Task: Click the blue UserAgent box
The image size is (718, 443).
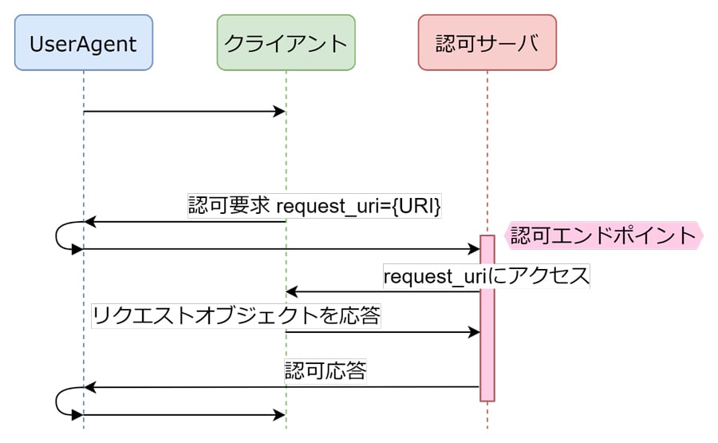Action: click(83, 42)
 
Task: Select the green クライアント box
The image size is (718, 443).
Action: click(286, 42)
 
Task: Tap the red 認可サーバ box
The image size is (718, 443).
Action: click(487, 42)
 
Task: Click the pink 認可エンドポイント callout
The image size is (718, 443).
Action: click(604, 235)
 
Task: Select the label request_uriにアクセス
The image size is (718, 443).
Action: click(486, 276)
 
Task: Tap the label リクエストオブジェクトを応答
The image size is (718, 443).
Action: click(235, 316)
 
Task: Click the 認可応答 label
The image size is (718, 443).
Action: click(325, 371)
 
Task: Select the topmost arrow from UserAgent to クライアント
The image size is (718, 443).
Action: click(184, 111)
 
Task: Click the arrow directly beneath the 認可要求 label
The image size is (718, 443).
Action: click(184, 222)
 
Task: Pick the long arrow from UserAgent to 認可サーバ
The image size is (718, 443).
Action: click(279, 249)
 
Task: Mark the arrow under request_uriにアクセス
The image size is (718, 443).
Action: click(383, 291)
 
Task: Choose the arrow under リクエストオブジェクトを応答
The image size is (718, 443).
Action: click(383, 331)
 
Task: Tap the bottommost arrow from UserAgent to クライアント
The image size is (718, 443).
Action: click(184, 415)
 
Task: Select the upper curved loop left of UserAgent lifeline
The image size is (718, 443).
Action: click(58, 235)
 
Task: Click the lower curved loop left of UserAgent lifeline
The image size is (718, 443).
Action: click(58, 401)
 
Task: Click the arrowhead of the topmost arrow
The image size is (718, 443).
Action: click(280, 111)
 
